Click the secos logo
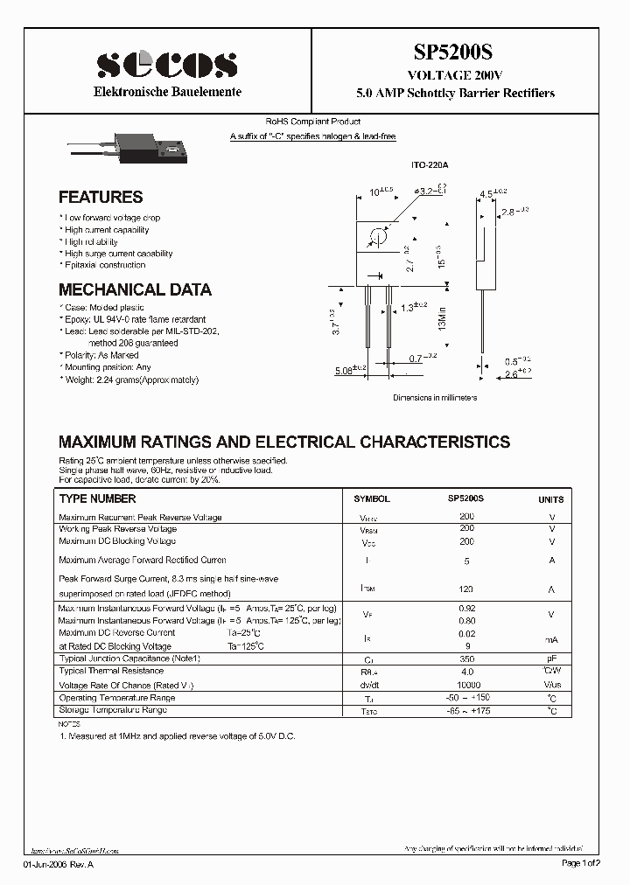(167, 64)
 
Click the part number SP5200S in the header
(454, 53)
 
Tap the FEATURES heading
(101, 198)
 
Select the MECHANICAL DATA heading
(135, 289)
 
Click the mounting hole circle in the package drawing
(379, 237)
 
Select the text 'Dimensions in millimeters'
(435, 397)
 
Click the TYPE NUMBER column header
(97, 498)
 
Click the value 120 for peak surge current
(466, 589)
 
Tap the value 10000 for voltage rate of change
(466, 685)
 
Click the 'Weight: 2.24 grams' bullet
(131, 380)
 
